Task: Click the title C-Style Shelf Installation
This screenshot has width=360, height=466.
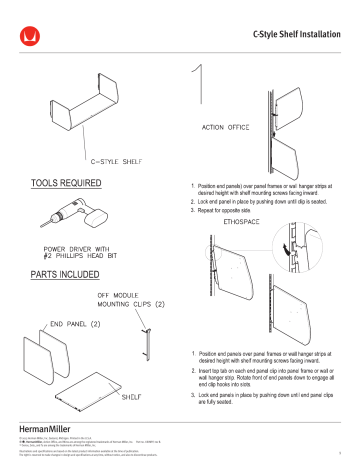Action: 295,36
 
